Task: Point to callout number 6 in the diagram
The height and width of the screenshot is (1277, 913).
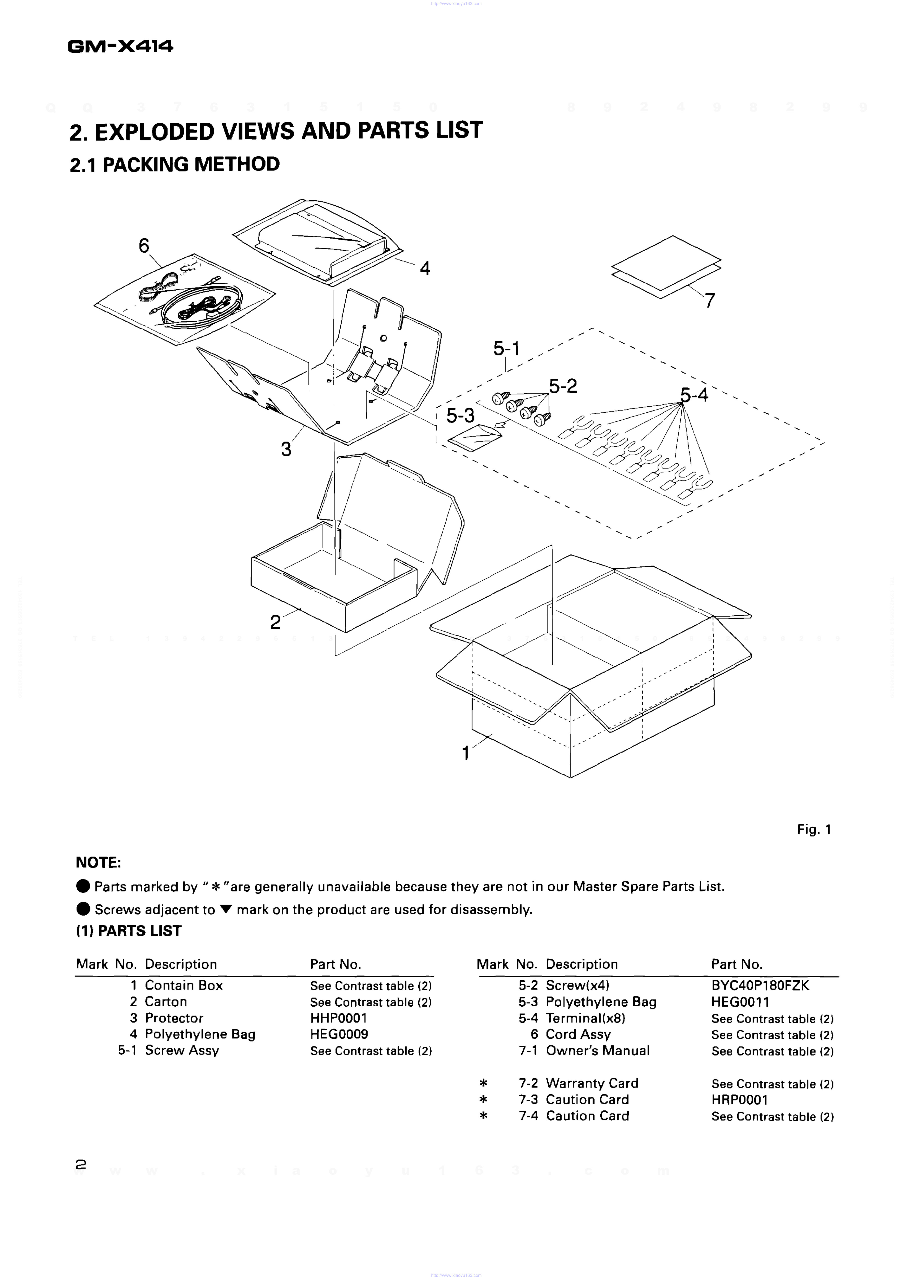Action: (144, 246)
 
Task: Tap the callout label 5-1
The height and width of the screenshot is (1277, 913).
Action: (507, 349)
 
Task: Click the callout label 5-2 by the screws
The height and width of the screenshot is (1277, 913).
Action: (563, 386)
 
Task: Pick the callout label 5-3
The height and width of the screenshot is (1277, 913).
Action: (460, 416)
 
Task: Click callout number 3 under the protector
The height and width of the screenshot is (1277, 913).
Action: (286, 450)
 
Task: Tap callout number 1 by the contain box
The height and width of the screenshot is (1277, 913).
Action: (466, 753)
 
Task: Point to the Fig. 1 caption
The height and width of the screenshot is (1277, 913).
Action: (814, 829)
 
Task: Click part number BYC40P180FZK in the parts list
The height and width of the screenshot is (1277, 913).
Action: (760, 986)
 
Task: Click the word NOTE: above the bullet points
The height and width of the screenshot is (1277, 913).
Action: (98, 863)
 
